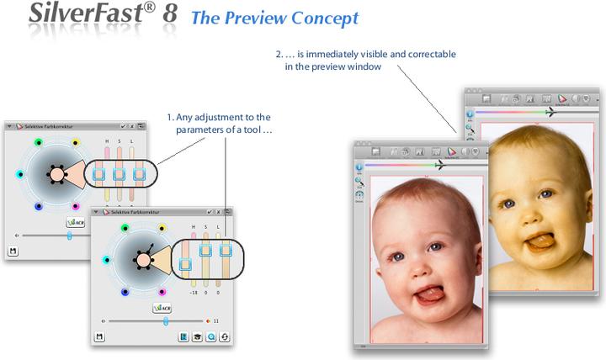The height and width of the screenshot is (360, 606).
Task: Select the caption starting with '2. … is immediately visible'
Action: [366, 60]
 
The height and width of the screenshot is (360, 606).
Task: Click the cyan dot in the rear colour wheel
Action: [19, 175]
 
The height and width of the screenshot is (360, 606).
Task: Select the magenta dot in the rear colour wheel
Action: [76, 206]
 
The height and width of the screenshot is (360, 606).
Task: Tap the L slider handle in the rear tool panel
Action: [140, 174]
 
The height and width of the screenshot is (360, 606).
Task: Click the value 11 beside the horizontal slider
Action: [216, 320]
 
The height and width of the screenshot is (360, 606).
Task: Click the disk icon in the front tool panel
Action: [100, 337]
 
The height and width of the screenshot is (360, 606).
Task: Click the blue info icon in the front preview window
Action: [359, 167]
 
